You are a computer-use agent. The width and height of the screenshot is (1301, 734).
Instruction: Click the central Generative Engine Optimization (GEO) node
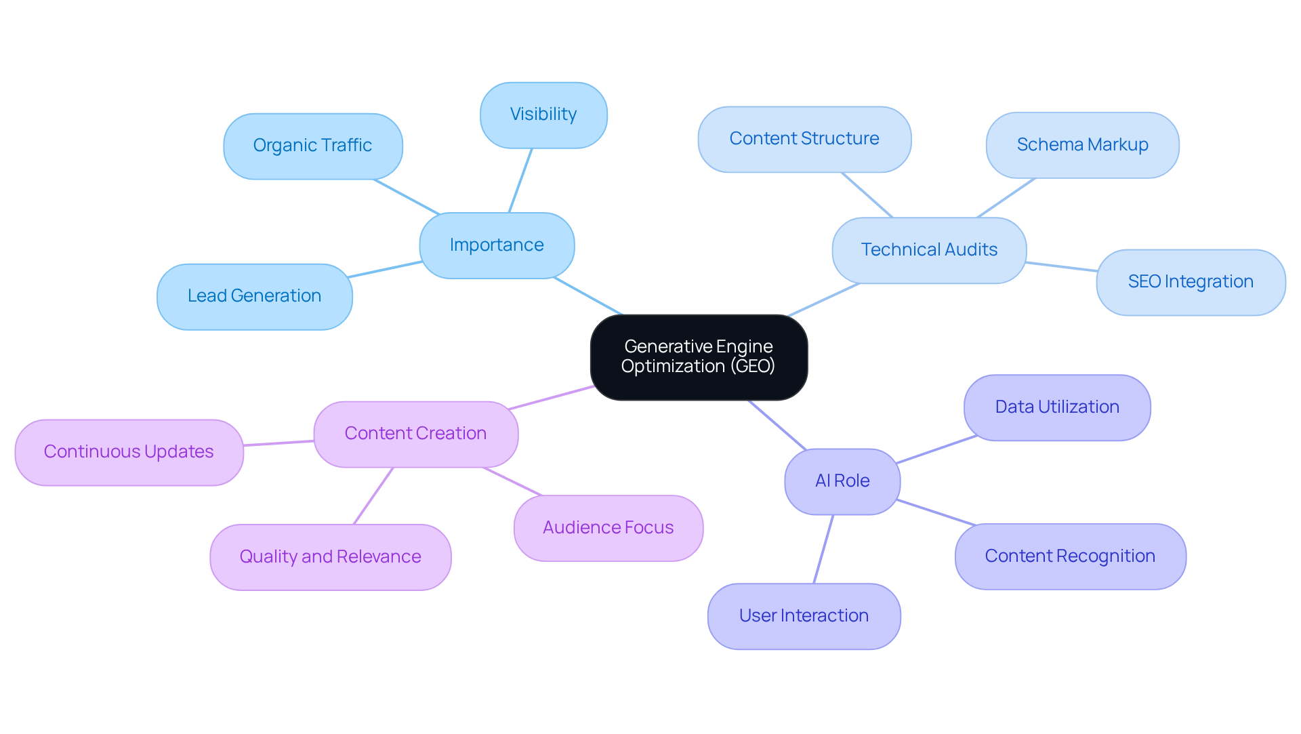click(699, 356)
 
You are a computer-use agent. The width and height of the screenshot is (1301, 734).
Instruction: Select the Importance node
click(497, 245)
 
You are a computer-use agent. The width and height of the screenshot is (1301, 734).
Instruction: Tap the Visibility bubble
click(543, 115)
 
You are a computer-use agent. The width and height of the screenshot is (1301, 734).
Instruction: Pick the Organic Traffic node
click(312, 146)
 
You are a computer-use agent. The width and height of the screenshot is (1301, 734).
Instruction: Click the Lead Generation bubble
click(254, 296)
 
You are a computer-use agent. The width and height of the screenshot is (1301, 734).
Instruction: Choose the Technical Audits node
click(929, 250)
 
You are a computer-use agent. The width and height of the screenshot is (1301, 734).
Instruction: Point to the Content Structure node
click(804, 139)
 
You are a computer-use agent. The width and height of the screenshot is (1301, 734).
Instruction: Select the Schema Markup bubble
click(1082, 145)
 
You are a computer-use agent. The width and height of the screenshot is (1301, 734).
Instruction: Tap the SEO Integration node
click(1191, 282)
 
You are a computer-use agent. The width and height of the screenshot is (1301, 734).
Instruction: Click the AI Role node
click(842, 481)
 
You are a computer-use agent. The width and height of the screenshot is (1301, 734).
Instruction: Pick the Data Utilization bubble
click(1057, 407)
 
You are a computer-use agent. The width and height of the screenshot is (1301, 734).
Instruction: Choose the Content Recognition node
click(1070, 556)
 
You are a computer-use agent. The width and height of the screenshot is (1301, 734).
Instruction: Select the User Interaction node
click(804, 616)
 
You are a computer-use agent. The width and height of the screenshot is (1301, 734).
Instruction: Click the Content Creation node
click(415, 434)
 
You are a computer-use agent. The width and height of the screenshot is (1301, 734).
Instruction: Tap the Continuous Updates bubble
click(129, 452)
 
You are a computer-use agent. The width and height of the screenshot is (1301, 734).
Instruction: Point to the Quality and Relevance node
click(330, 557)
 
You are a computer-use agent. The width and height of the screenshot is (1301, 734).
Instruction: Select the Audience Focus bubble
click(608, 528)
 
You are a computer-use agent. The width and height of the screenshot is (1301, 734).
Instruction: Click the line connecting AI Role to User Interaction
click(823, 549)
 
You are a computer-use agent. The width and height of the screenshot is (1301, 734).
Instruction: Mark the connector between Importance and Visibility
click(520, 180)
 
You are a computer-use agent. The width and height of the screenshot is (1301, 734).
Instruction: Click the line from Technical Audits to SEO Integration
click(1061, 266)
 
